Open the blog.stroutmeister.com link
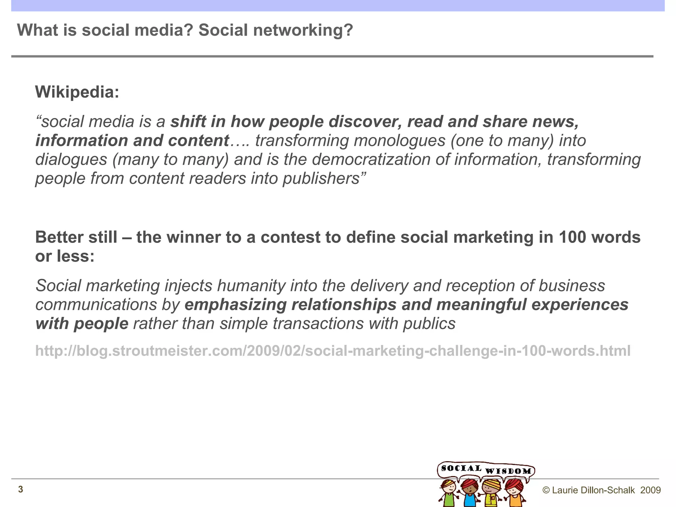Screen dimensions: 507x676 coord(333,351)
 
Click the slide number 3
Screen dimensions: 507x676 coord(20,489)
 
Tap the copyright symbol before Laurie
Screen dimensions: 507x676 coord(546,490)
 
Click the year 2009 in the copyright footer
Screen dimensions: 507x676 coord(650,490)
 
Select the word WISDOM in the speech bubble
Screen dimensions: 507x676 coord(508,471)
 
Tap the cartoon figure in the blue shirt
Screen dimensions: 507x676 coord(469,493)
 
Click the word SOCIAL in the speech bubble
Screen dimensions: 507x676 coord(461,468)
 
